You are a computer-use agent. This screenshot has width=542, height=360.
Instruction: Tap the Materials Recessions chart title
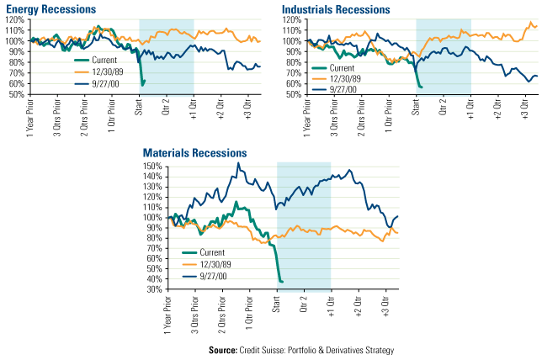pos(194,154)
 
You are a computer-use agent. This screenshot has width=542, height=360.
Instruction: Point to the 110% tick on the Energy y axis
pos(15,29)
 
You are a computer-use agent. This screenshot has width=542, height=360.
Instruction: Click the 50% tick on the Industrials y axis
pos(291,94)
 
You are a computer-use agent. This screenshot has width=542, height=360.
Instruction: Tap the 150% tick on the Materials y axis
pos(153,166)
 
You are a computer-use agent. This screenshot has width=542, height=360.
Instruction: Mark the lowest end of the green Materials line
pos(281,281)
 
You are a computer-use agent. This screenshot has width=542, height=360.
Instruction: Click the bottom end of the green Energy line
pos(143,85)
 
